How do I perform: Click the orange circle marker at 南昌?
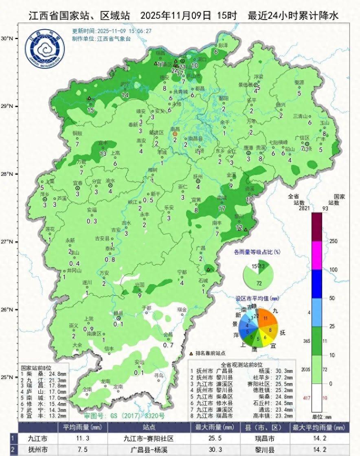pyautogui.click(x=175, y=134)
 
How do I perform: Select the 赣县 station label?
pyautogui.click(x=118, y=313)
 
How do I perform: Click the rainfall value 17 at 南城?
pyautogui.click(x=222, y=208)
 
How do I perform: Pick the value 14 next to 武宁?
pyautogui.click(x=125, y=95)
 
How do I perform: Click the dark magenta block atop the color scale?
pyautogui.click(x=316, y=226)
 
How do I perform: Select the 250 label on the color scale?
pyautogui.click(x=334, y=241)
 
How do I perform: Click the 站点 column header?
pyautogui.click(x=148, y=428)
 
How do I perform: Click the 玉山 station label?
pyautogui.click(x=324, y=123)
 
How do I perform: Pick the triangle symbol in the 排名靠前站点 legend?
pyautogui.click(x=191, y=353)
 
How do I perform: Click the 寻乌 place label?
pyautogui.click(x=158, y=375)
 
